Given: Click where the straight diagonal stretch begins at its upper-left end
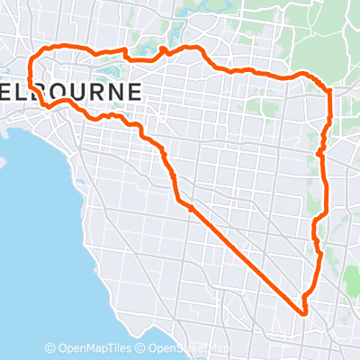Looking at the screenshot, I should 190,208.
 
